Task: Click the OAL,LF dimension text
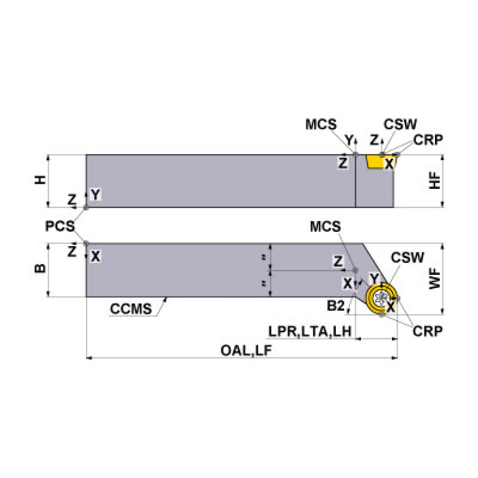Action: [246, 350]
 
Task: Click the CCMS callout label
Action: [131, 309]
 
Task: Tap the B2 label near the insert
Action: [337, 305]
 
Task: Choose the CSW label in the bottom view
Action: [407, 257]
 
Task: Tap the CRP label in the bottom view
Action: [428, 331]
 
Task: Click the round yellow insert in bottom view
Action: [381, 297]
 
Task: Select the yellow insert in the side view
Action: [376, 162]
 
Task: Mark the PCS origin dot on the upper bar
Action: [86, 207]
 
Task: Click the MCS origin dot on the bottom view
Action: [356, 270]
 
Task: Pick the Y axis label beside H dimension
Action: [95, 194]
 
